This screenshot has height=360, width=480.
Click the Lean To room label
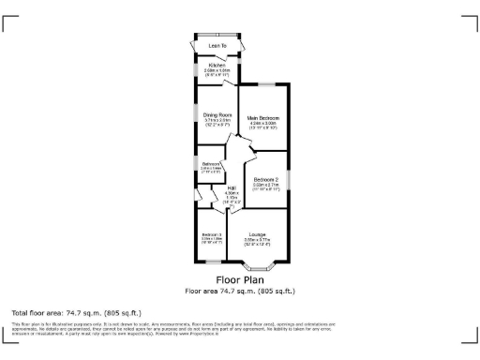(218, 45)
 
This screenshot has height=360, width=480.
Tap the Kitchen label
(217, 64)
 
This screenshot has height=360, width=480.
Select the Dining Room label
(217, 114)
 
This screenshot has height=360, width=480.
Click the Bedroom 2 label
(265, 179)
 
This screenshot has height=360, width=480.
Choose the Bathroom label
(210, 164)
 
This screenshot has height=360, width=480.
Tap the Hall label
(231, 188)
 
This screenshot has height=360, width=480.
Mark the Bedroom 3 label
(211, 234)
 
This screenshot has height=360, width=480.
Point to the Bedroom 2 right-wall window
(288, 178)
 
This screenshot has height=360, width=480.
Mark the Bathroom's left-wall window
(196, 169)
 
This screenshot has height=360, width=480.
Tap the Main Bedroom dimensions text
(262, 125)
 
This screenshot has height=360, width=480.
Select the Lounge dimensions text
(257, 242)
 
